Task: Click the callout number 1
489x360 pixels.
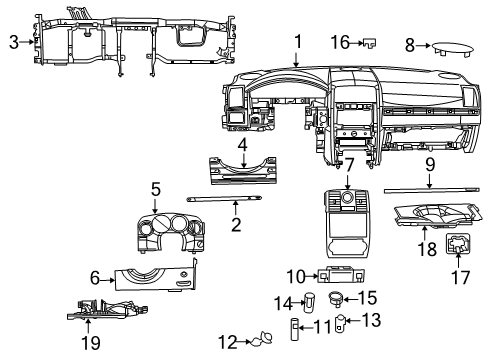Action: pyautogui.click(x=297, y=41)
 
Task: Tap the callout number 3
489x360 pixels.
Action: pyautogui.click(x=13, y=41)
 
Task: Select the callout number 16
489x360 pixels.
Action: pyautogui.click(x=340, y=43)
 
